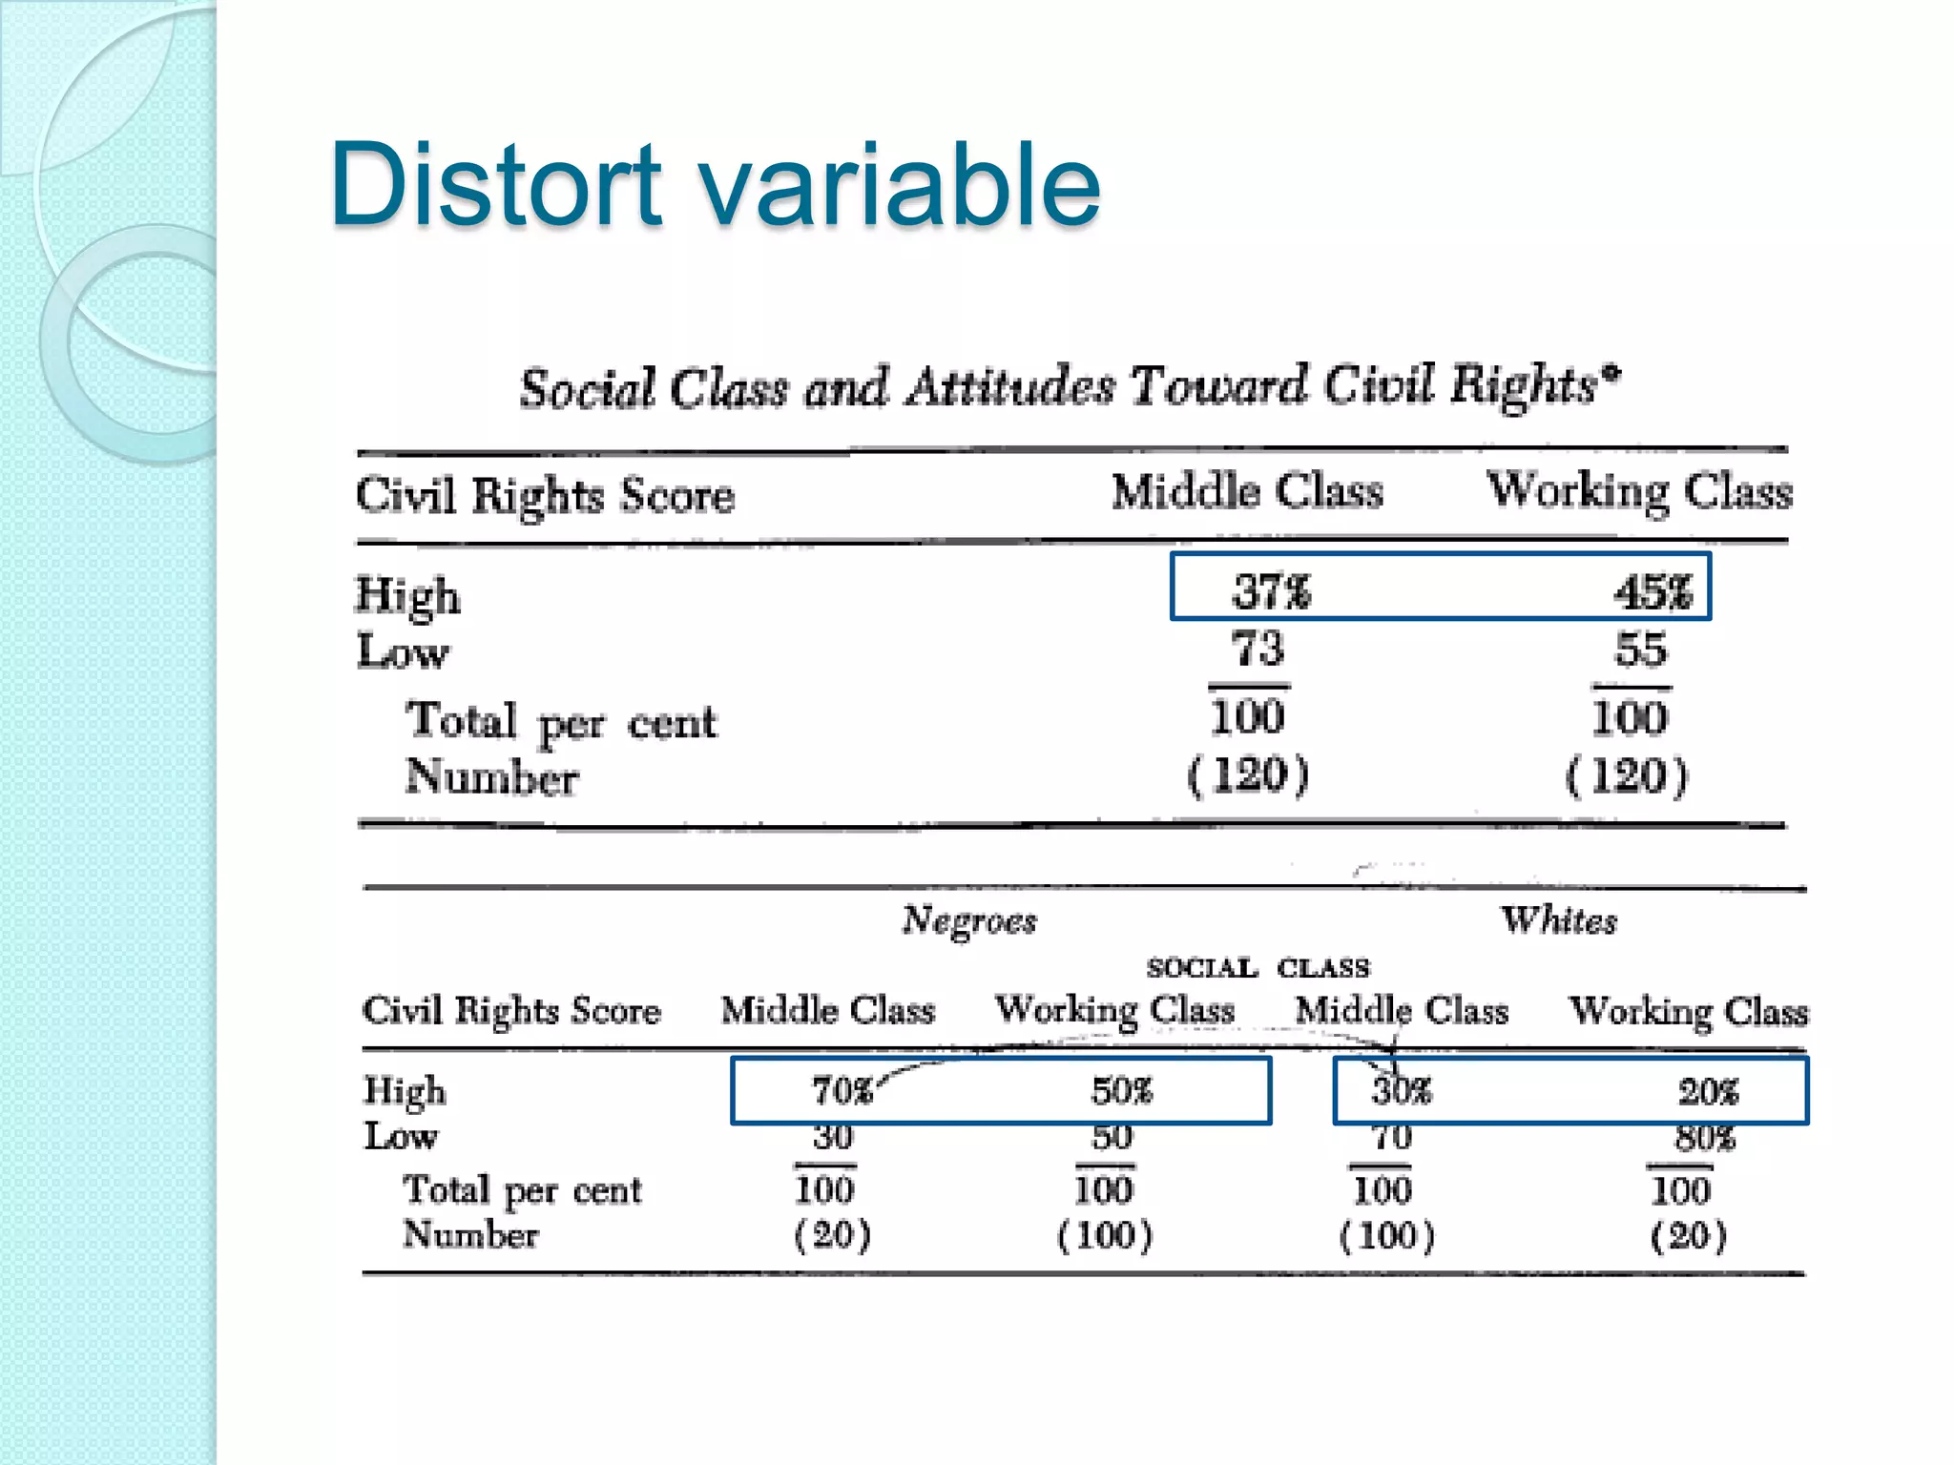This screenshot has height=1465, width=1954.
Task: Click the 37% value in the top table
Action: pos(1272,591)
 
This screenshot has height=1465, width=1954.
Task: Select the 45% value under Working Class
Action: pos(1653,591)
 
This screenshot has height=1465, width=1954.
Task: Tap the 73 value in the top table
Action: pos(1258,650)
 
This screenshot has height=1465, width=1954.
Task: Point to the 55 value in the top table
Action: pos(1640,650)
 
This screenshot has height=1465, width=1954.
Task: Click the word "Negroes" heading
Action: pos(969,920)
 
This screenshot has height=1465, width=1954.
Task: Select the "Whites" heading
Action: pos(1559,920)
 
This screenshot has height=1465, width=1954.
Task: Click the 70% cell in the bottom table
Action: pos(842,1090)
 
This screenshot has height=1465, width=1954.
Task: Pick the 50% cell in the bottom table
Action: pos(1122,1090)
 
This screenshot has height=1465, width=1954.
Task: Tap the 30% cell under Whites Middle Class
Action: pos(1402,1090)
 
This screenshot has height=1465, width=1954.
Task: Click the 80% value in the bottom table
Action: pos(1705,1138)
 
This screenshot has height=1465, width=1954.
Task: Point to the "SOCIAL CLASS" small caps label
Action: pos(1258,968)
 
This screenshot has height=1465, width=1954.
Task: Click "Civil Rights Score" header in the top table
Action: pos(545,496)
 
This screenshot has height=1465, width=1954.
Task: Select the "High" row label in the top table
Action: pos(408,596)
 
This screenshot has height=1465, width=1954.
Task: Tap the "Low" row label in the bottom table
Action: pos(401,1136)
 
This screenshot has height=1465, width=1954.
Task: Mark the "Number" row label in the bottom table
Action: pos(470,1235)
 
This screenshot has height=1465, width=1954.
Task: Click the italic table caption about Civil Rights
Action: pos(1069,387)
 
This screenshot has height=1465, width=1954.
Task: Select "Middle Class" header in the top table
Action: pos(1247,492)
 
